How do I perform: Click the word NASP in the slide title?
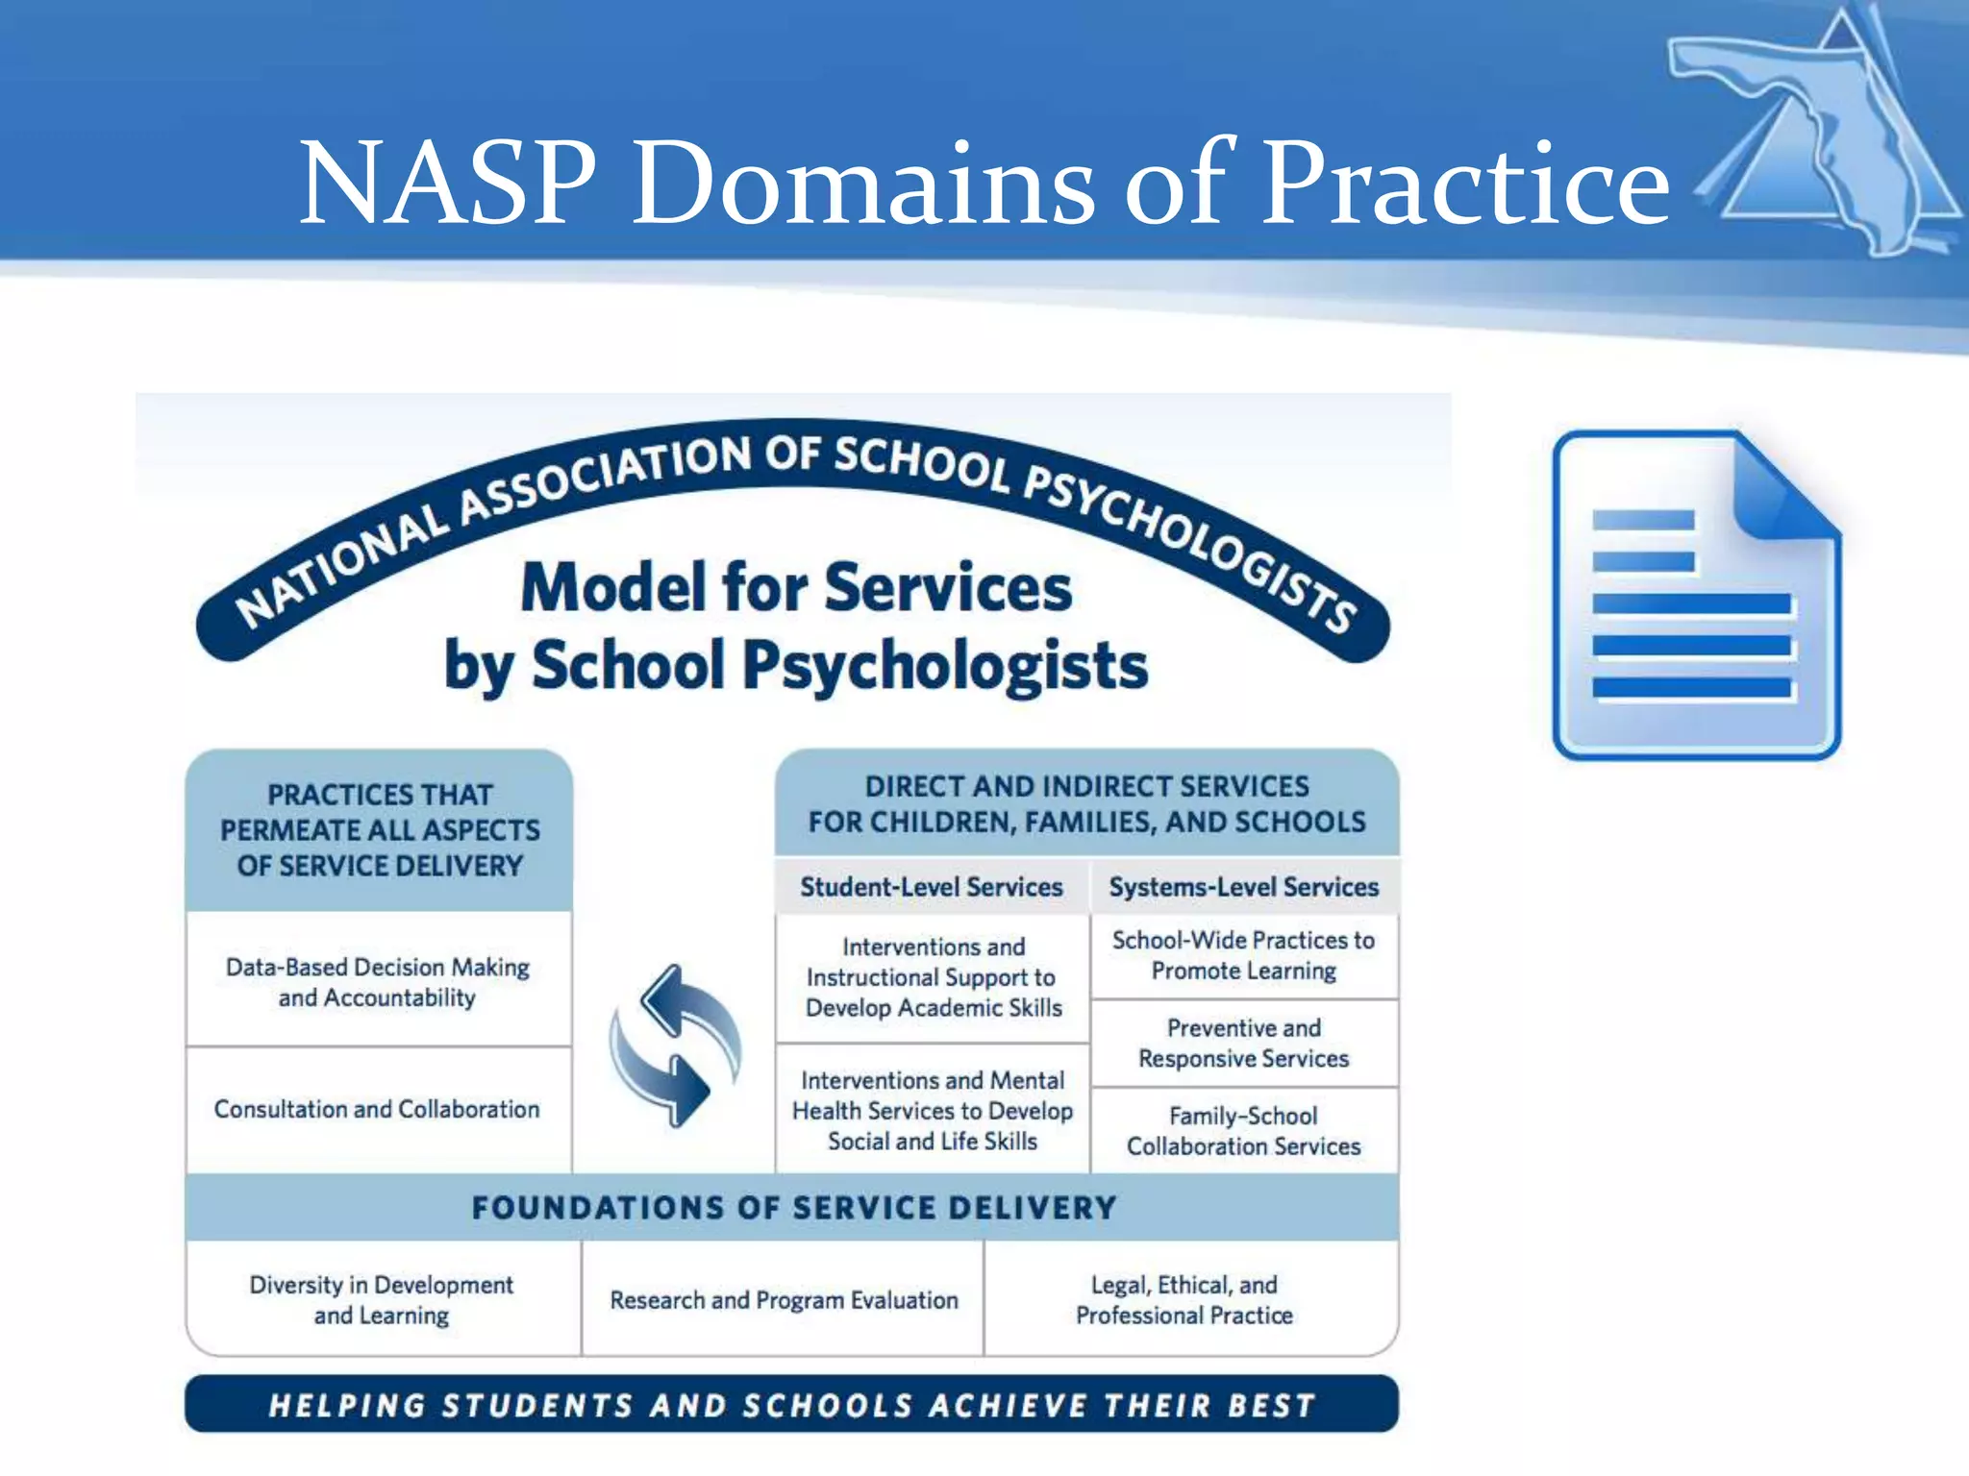[447, 183]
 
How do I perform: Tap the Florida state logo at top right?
[1822, 135]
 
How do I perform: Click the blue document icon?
[1696, 596]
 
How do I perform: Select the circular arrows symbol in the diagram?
[676, 1045]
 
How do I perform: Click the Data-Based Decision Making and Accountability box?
[378, 981]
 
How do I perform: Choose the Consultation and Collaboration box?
[377, 1109]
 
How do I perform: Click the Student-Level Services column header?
[931, 886]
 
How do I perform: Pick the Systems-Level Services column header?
[1243, 886]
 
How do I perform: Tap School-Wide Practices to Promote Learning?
[1243, 955]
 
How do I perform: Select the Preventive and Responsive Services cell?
[1243, 1043]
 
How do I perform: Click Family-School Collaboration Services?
[1243, 1130]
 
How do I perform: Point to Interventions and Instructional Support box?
[933, 977]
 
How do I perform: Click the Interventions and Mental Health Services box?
[933, 1110]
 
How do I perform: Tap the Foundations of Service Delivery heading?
[793, 1207]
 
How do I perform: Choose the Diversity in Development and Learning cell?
[382, 1299]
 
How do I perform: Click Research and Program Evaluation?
[784, 1299]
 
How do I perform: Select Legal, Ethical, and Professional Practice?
[1184, 1299]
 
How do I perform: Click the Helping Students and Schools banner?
[791, 1405]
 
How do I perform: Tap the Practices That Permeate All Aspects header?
[380, 829]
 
